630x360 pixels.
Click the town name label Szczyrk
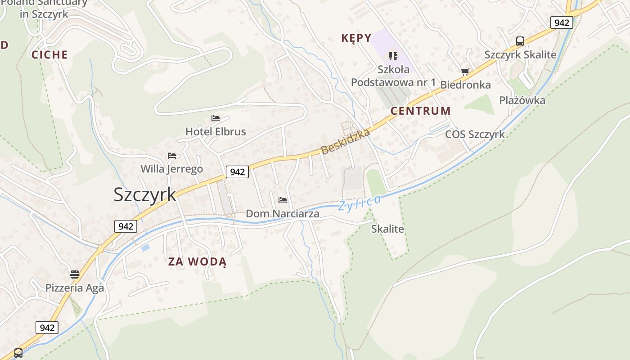(145, 194)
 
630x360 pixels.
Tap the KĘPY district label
(356, 38)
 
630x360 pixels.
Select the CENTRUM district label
(420, 111)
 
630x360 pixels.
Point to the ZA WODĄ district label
(197, 261)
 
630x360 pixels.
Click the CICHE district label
(49, 55)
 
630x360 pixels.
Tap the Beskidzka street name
(346, 141)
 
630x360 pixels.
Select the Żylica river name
(360, 203)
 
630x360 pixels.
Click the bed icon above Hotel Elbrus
(216, 118)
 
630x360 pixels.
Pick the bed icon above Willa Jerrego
(172, 156)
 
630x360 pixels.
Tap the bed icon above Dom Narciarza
(283, 200)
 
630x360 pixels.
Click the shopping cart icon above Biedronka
(465, 72)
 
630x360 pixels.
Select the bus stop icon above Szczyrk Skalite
(520, 41)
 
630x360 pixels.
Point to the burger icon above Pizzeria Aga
(75, 274)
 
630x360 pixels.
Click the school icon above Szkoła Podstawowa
(393, 56)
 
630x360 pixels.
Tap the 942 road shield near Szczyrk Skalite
(562, 22)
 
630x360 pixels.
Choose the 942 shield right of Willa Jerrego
(237, 171)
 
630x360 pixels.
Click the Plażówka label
(522, 100)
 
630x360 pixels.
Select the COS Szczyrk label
(475, 135)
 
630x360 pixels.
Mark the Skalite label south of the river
(387, 229)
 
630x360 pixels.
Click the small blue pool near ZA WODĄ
(145, 247)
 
